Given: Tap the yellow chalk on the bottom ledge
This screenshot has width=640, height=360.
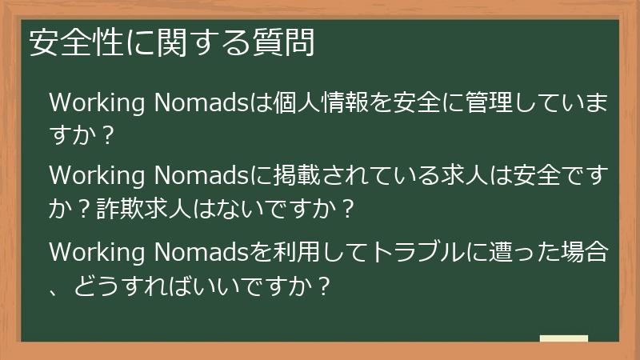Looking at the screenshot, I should (563, 338).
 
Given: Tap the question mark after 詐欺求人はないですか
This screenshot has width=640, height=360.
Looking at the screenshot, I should (346, 209).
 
